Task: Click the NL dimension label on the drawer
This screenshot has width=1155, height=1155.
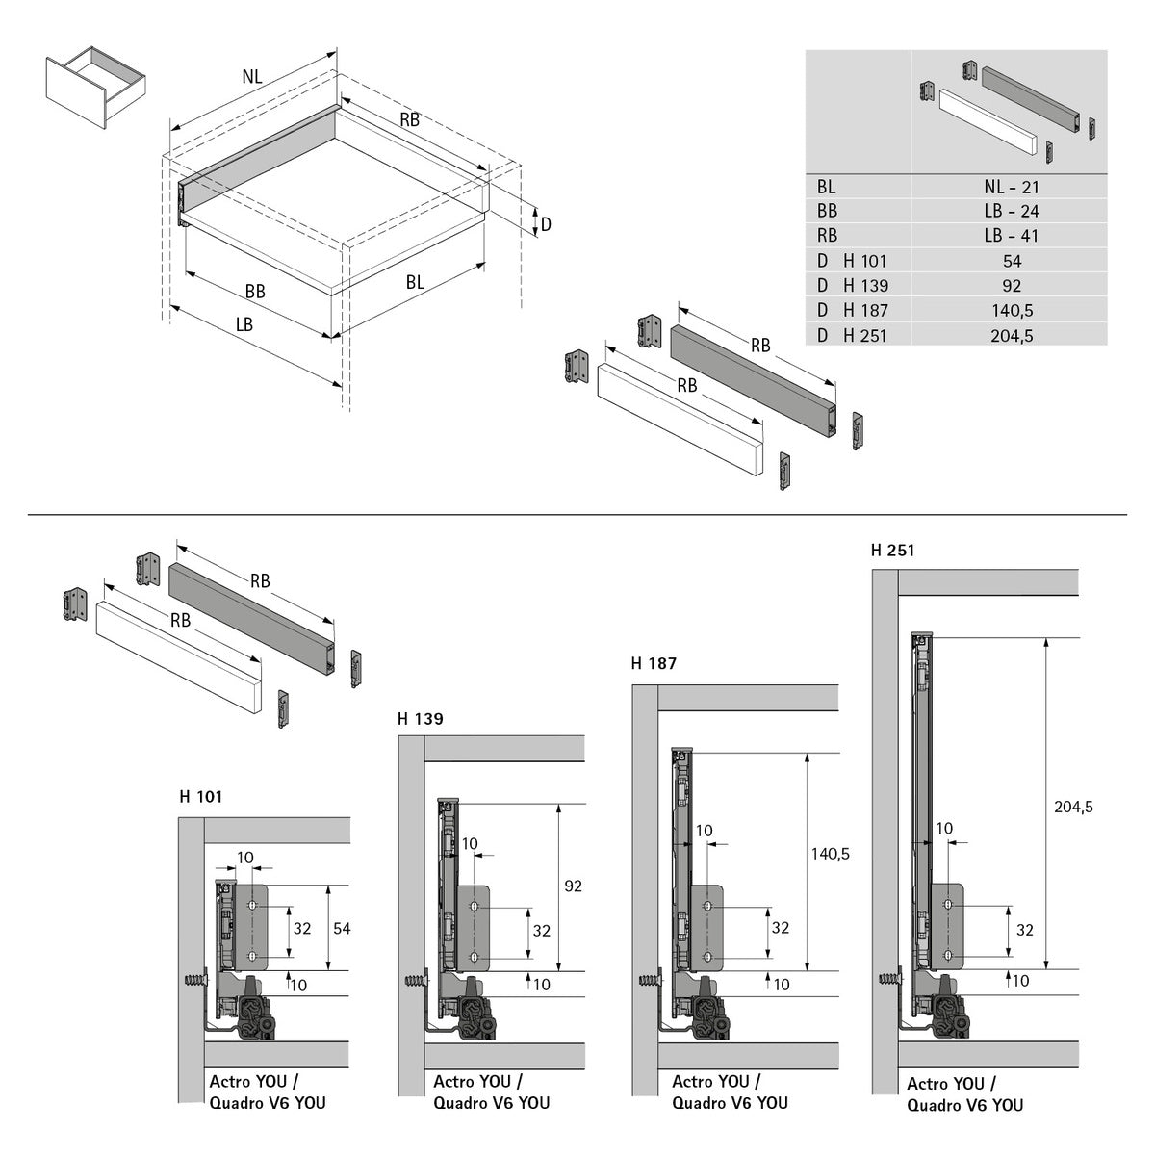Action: tap(252, 78)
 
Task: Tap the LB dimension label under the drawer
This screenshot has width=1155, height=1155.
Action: tap(244, 325)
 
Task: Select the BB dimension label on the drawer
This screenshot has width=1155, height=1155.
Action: tap(255, 291)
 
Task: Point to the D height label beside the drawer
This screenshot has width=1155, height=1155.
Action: tap(545, 224)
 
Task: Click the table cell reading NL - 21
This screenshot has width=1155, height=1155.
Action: tap(1011, 188)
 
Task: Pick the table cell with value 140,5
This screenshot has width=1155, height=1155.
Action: tap(1011, 311)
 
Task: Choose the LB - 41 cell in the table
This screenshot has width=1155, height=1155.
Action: tap(1011, 236)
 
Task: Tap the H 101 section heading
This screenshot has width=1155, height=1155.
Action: tap(200, 797)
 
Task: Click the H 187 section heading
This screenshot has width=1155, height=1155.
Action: tap(654, 664)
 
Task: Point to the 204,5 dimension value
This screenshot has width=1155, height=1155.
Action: tap(1073, 808)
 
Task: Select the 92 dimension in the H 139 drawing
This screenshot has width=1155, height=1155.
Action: tap(573, 886)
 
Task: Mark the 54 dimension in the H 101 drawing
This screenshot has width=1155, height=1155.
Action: tap(342, 928)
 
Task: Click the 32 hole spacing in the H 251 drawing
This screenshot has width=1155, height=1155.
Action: tap(1024, 931)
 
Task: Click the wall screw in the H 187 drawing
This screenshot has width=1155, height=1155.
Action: tap(647, 983)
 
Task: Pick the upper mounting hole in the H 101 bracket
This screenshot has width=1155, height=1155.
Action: tap(252, 908)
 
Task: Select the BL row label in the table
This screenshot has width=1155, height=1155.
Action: tap(827, 188)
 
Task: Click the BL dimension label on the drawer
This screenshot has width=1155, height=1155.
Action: tap(415, 283)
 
